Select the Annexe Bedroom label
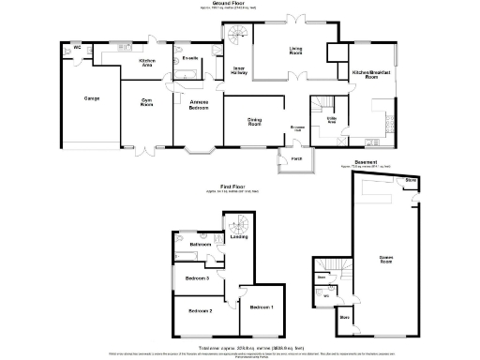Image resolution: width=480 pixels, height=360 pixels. [x=199, y=106]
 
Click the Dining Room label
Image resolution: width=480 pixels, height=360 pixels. [x=253, y=121]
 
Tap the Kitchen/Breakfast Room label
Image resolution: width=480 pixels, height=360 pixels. [x=371, y=75]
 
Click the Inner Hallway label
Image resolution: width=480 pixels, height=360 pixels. [x=239, y=75]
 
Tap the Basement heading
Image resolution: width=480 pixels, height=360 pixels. [x=366, y=163]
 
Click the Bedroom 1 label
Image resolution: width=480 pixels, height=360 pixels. [x=261, y=307]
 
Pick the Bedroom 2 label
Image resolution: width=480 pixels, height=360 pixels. [x=199, y=310]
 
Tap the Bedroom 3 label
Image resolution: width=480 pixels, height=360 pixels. [x=196, y=278]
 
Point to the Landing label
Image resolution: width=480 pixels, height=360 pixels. [x=238, y=236]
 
